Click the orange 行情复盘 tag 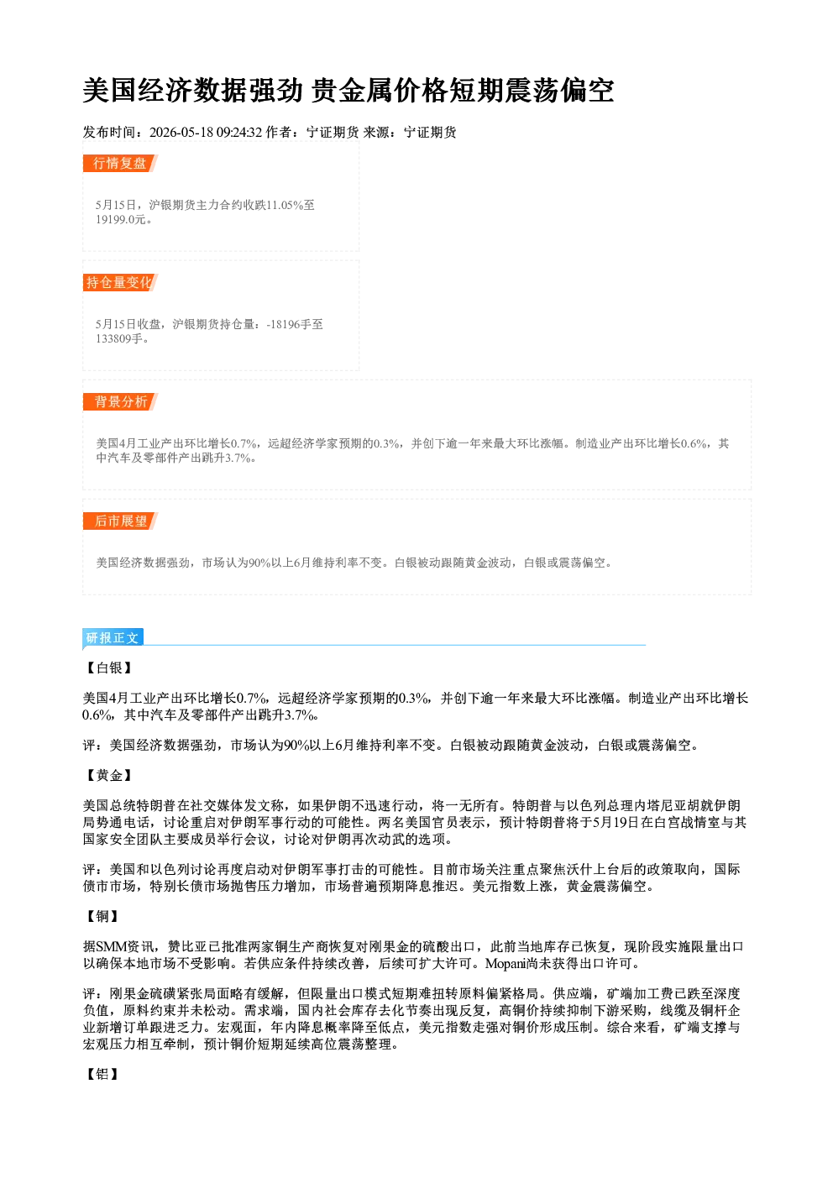[x=120, y=163]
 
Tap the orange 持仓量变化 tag [x=120, y=282]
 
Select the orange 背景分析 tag [x=120, y=402]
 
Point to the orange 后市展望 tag [x=120, y=521]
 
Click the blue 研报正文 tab [x=113, y=637]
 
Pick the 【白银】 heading [x=109, y=668]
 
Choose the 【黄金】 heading [x=109, y=775]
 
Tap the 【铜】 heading [x=102, y=916]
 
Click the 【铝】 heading [x=102, y=1074]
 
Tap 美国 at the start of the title [x=110, y=91]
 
